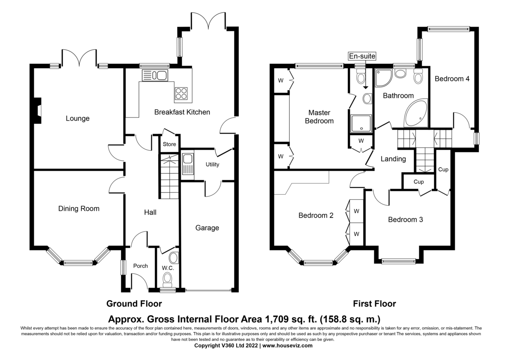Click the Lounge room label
(78, 118)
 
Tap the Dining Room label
(79, 209)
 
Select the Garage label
(207, 228)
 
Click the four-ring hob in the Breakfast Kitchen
(181, 94)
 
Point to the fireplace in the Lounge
(38, 111)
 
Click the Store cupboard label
(169, 144)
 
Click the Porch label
(140, 266)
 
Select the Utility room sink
(187, 164)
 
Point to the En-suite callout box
(362, 56)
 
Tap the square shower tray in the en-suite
(361, 124)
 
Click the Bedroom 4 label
(452, 79)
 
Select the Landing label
(393, 159)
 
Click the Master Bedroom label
(319, 117)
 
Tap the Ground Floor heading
(134, 304)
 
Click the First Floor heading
(375, 304)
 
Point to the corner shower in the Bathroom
(384, 78)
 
